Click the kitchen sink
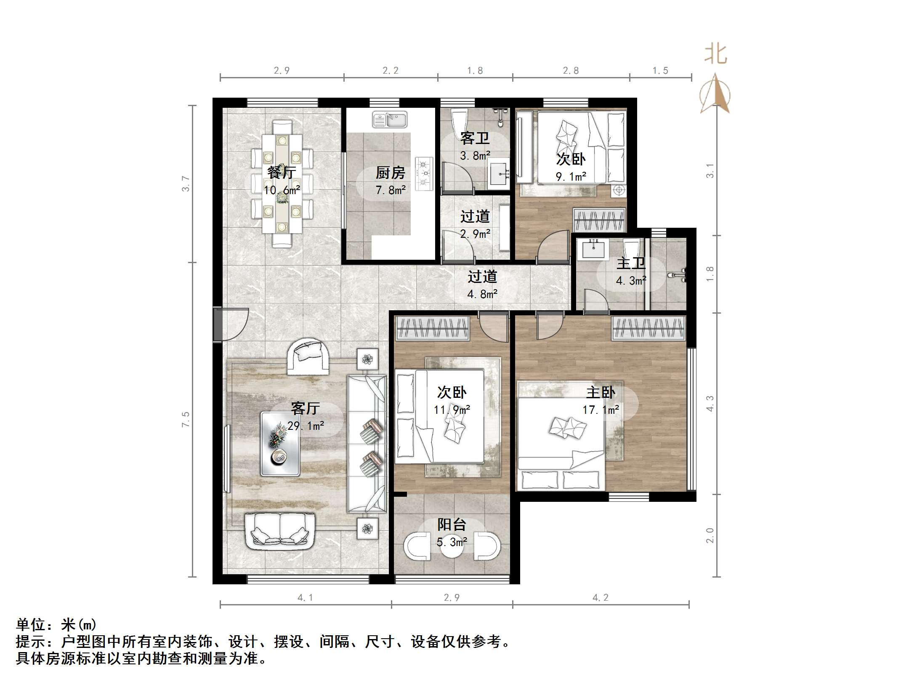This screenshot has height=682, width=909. tap(390, 120)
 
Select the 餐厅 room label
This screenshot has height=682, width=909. tap(282, 173)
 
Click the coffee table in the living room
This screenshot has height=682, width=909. tap(280, 444)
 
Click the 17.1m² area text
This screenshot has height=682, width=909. tap(601, 410)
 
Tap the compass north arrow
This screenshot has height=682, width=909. tap(715, 95)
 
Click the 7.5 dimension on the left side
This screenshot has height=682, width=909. tap(186, 419)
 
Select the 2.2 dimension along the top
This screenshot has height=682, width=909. tap(391, 71)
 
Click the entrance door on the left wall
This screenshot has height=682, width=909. tap(231, 324)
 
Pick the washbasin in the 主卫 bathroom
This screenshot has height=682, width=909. tap(593, 249)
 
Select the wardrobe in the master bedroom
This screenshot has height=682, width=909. tap(648, 328)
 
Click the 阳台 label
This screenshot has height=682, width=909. tap(452, 525)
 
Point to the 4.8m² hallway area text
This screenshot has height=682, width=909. tap(482, 294)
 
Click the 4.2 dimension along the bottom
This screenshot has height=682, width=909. tap(601, 597)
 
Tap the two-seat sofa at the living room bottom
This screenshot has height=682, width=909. tap(280, 531)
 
